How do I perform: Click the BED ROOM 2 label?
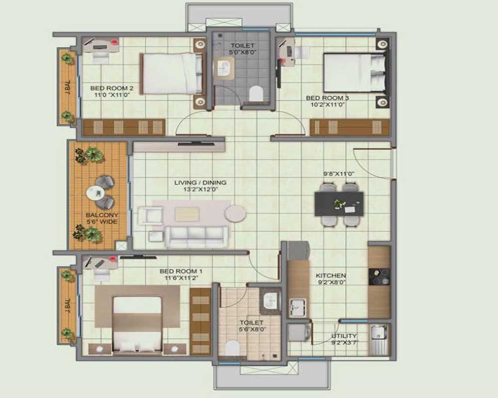click(x=112, y=89)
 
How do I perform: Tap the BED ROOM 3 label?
click(x=327, y=98)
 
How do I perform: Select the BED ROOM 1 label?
click(x=181, y=271)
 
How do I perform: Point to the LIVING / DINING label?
click(x=196, y=183)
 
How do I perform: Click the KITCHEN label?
click(x=331, y=275)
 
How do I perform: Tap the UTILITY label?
click(x=344, y=336)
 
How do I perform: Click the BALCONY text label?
click(x=102, y=215)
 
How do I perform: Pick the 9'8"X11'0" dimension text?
click(x=338, y=174)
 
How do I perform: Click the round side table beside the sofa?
click(x=235, y=214)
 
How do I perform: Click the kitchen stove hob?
click(x=379, y=277)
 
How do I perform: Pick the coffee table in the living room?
click(x=187, y=214)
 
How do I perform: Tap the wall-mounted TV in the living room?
click(x=196, y=143)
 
